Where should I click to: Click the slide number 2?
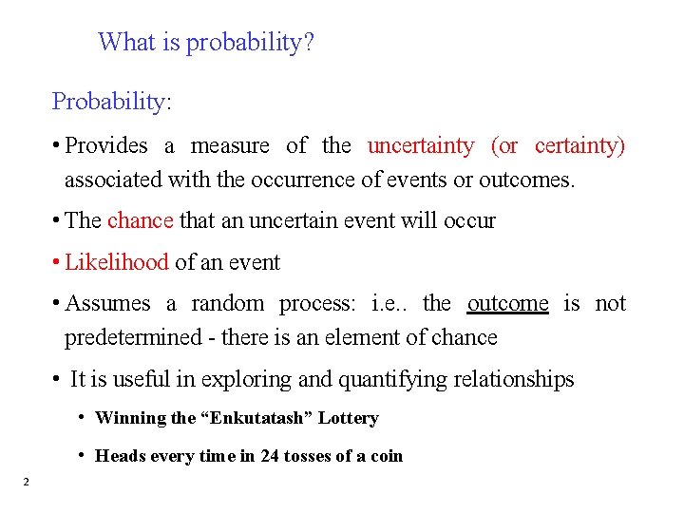tap(26, 483)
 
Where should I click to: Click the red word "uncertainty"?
tap(420, 146)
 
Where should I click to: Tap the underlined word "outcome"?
tap(507, 304)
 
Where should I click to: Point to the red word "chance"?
tap(140, 221)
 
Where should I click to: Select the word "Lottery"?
tap(349, 418)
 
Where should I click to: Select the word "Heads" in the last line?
tap(119, 456)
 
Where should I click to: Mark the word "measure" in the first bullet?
tap(230, 146)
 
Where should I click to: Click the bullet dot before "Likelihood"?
tap(58, 261)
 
